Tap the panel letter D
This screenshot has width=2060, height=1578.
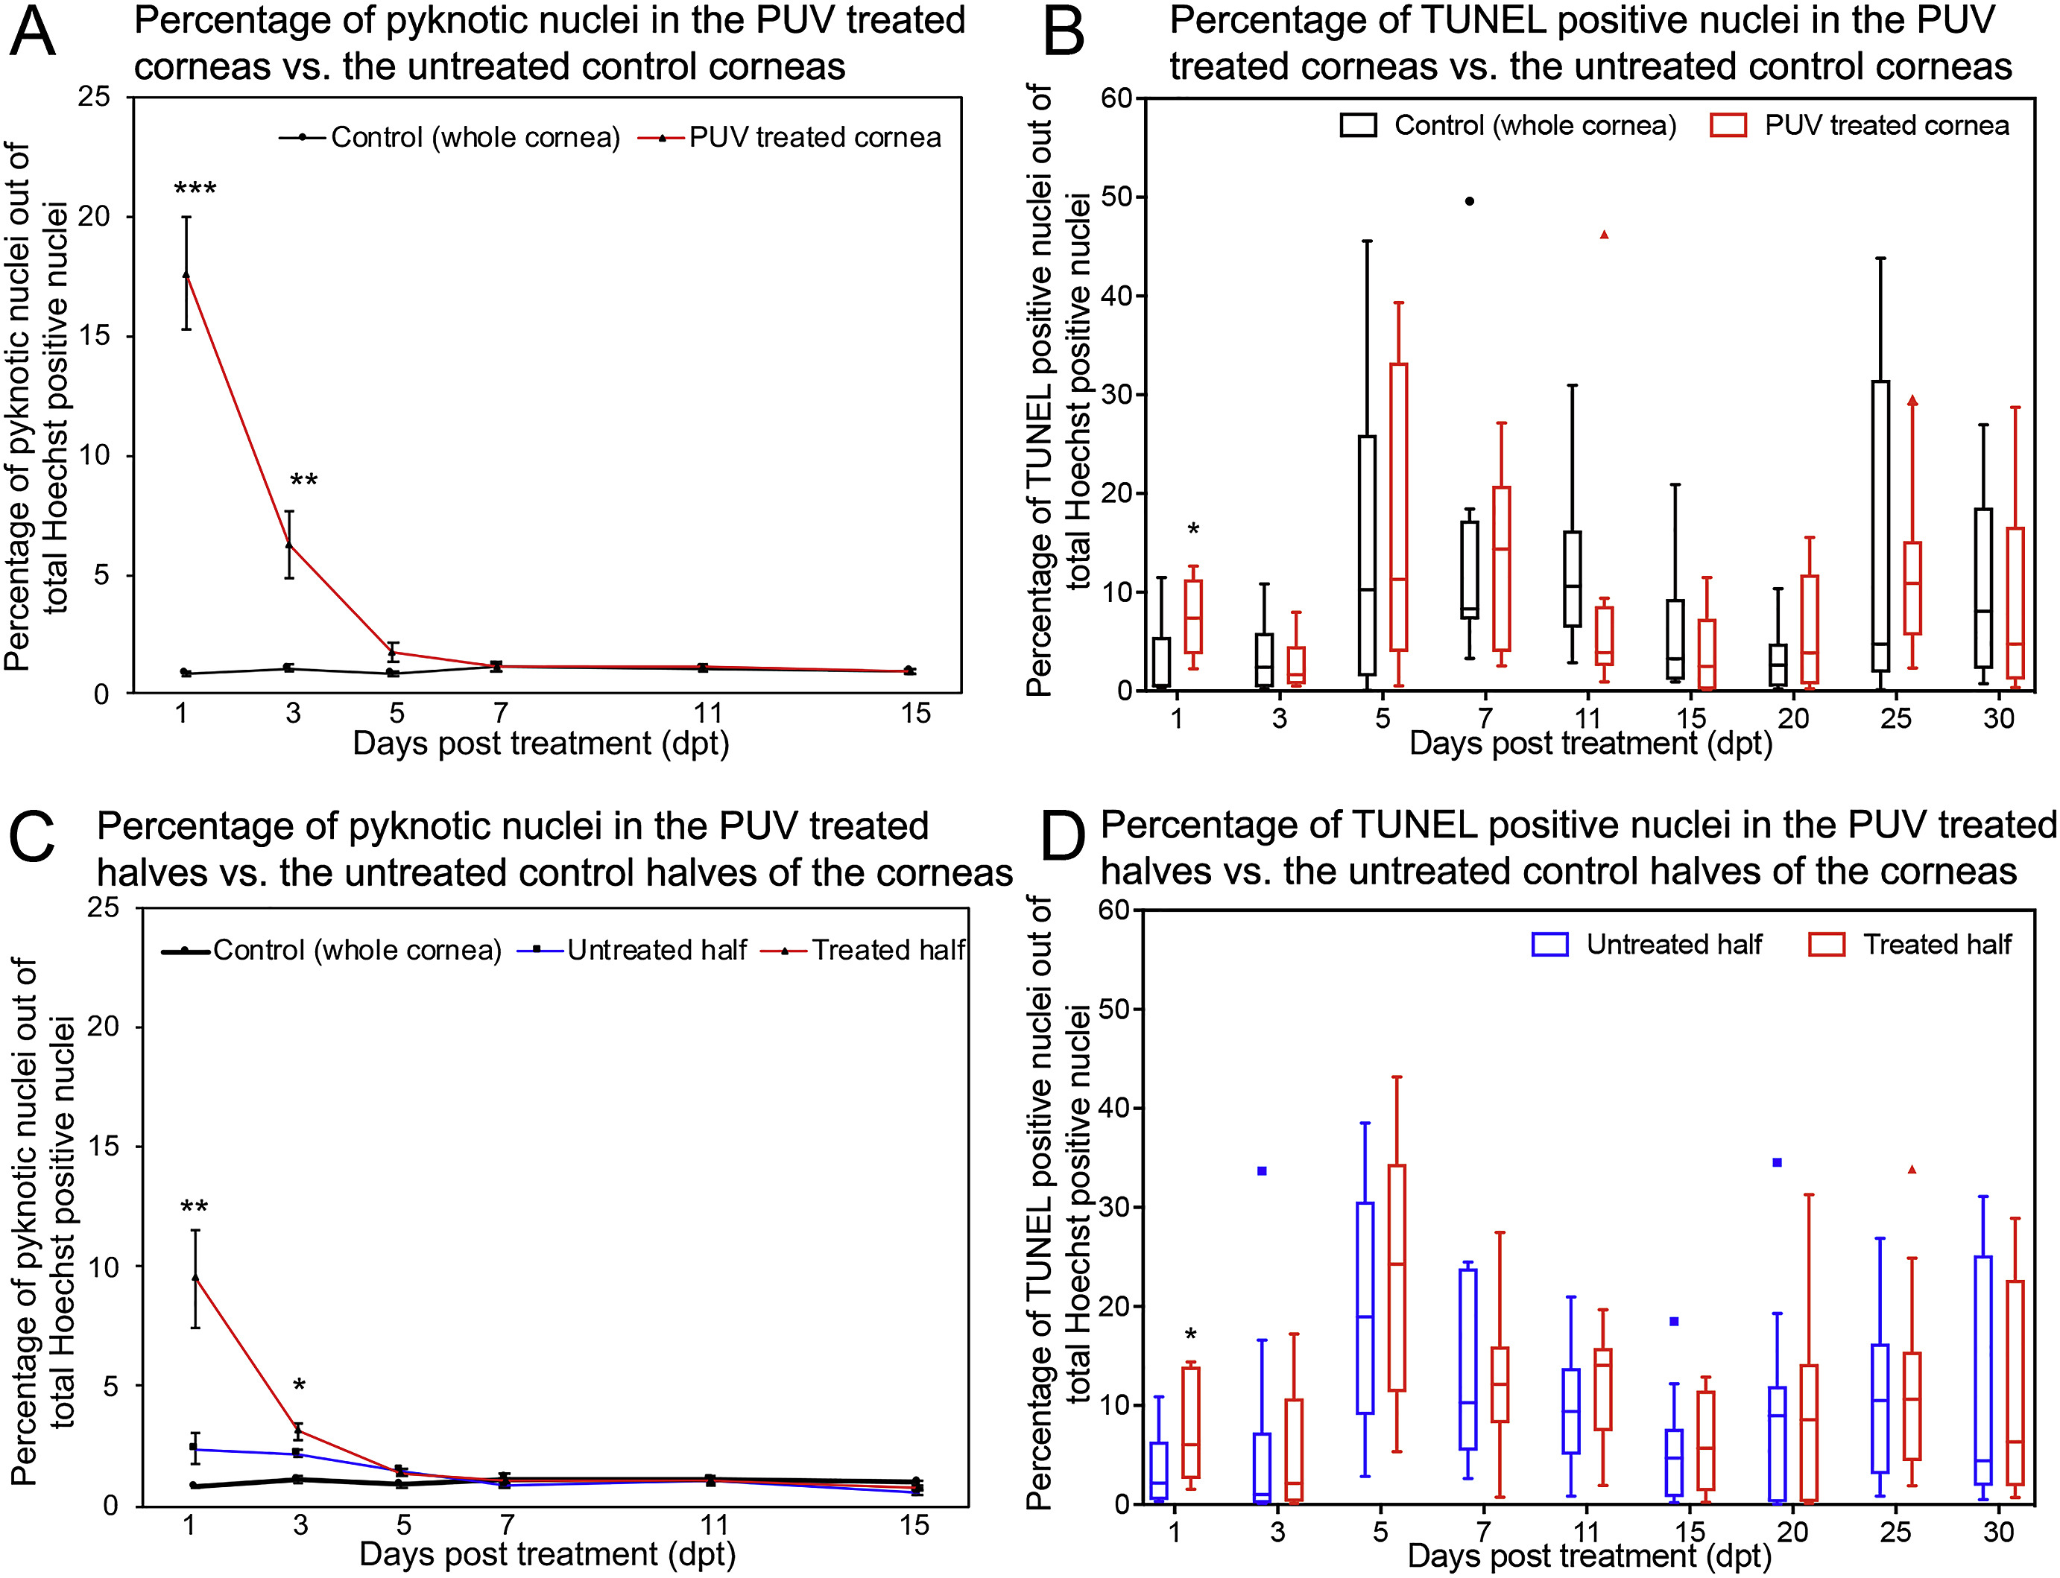[1064, 835]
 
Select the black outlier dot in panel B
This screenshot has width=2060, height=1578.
[1470, 201]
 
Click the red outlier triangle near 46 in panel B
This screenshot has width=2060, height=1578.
[1605, 235]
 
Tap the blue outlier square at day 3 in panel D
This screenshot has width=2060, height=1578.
[1263, 1170]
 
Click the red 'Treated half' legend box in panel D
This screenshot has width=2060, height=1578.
[1826, 944]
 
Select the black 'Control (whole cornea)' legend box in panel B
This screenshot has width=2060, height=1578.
[1359, 125]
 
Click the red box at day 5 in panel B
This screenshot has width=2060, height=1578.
[1399, 507]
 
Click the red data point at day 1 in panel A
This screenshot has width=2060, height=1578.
[186, 274]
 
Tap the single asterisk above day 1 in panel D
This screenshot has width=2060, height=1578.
[1191, 1334]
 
